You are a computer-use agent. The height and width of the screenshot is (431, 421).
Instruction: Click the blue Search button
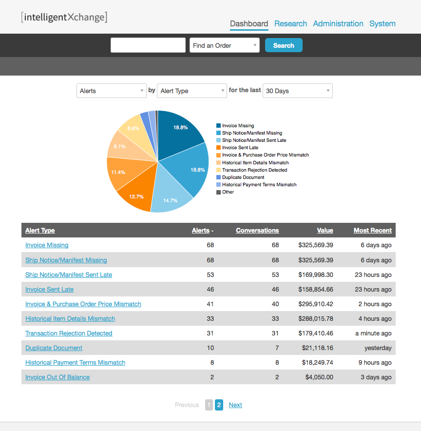tap(284, 45)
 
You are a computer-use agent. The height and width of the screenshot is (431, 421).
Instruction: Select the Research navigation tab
tap(290, 23)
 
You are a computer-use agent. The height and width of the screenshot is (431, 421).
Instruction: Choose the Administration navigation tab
tap(338, 23)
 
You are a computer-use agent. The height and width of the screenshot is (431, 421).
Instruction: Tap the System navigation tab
tap(383, 23)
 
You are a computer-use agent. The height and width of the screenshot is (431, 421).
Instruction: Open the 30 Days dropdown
tap(297, 91)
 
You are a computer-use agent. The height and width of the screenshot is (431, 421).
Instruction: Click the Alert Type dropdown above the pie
tap(191, 91)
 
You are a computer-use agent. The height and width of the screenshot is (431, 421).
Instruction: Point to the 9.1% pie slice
tap(119, 147)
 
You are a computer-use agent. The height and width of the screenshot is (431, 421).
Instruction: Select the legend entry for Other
tap(228, 192)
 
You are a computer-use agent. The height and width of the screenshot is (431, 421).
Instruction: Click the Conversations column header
tap(257, 231)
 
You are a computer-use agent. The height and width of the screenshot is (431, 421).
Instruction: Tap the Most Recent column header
tap(372, 231)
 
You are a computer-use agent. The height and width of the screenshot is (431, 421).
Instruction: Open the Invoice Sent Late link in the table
tap(49, 290)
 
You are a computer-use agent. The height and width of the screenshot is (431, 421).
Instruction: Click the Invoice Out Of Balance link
tap(57, 377)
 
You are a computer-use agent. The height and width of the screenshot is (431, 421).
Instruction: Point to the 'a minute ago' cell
tap(373, 333)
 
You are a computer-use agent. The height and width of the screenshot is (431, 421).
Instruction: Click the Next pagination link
tap(235, 405)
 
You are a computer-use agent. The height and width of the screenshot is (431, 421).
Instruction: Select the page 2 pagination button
tap(219, 405)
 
